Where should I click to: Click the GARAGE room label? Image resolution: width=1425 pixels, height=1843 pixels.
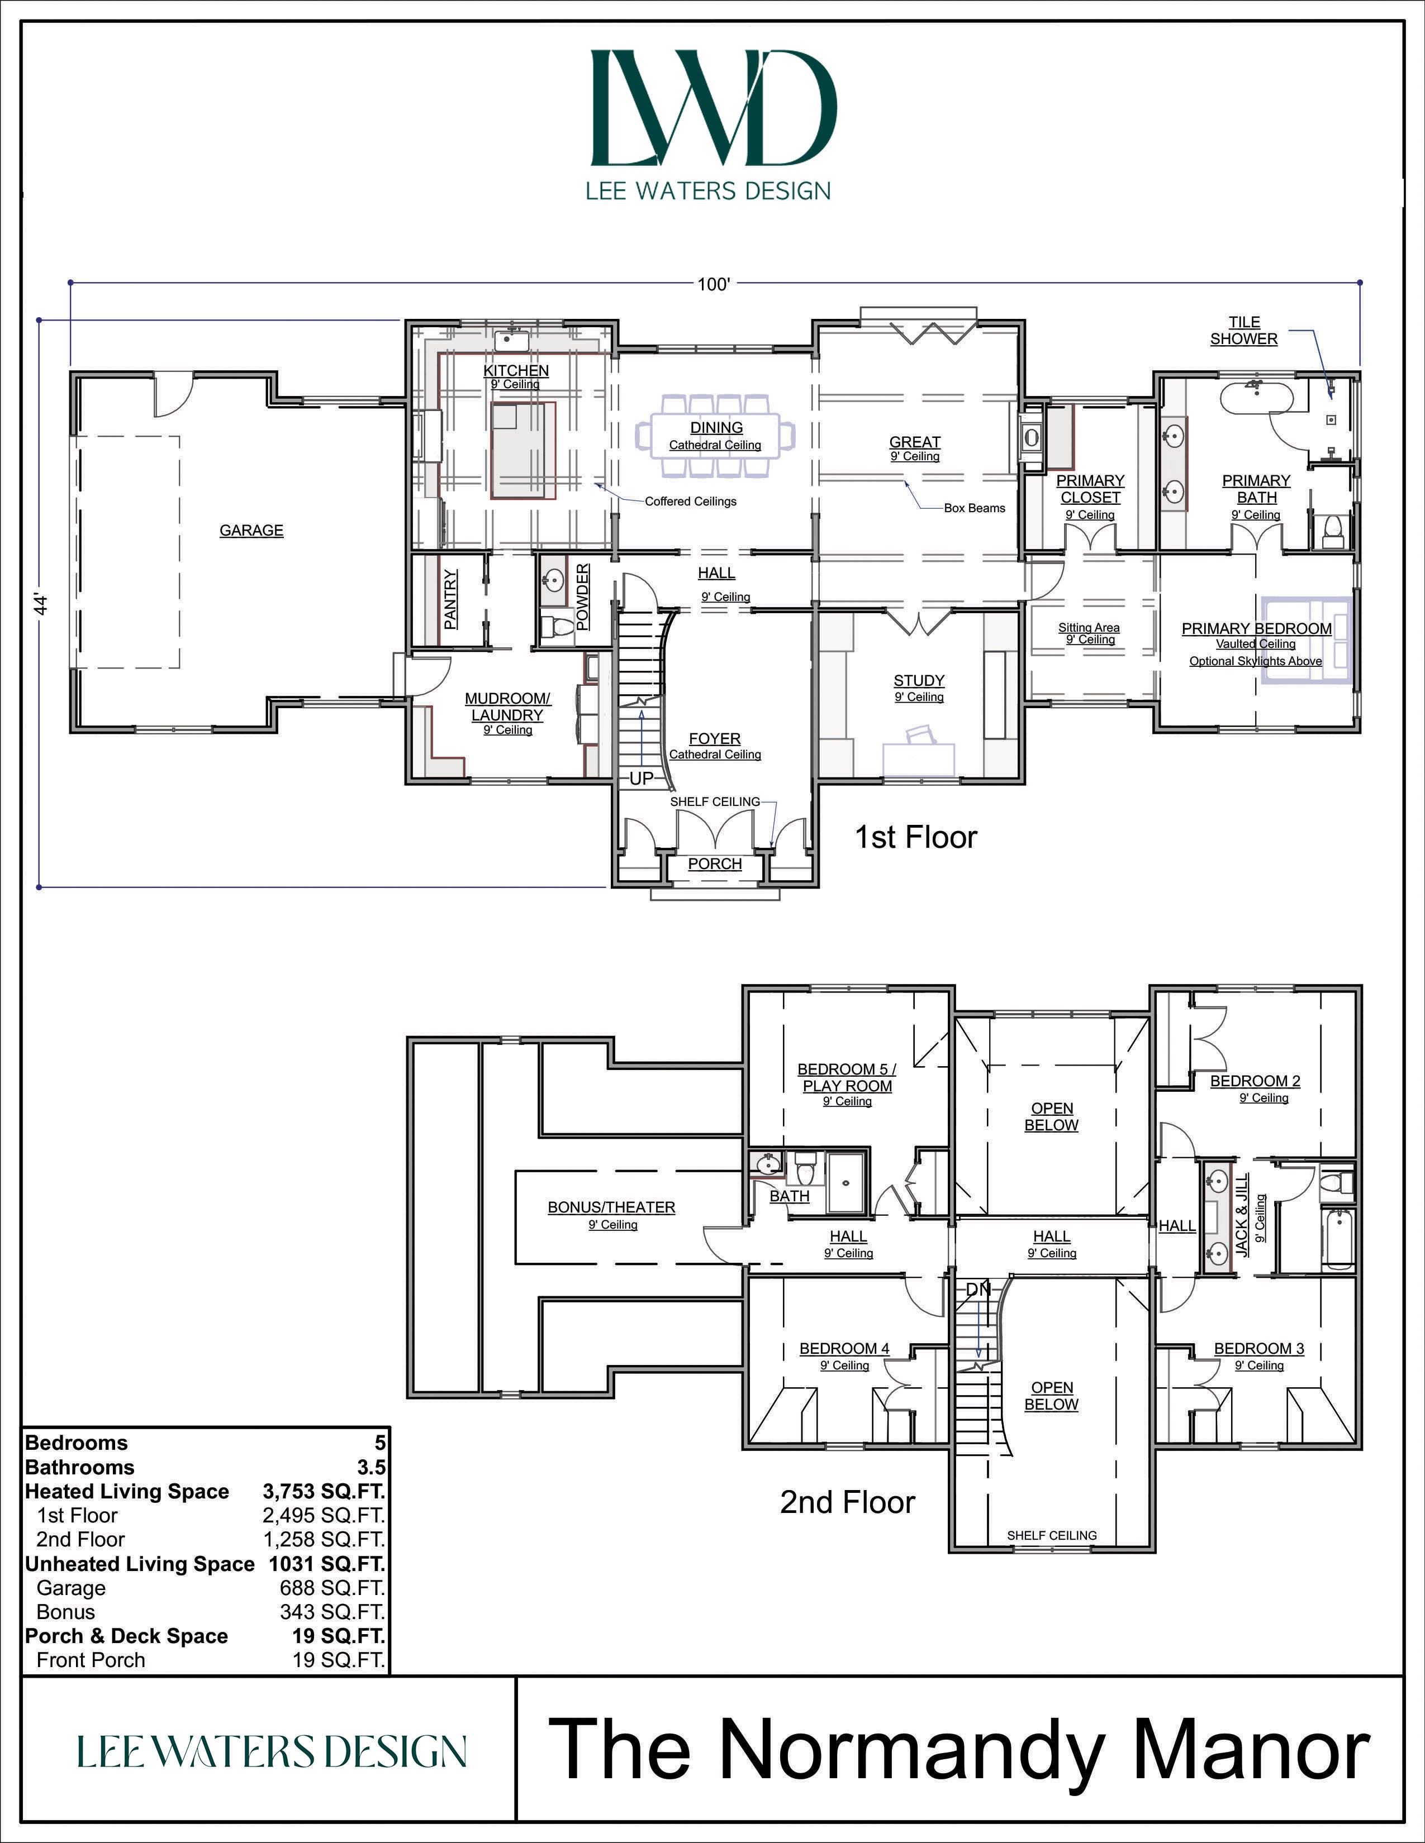coord(251,530)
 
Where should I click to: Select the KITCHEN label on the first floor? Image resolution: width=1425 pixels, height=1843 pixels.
coord(516,370)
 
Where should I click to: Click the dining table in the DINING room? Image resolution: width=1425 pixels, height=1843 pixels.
coord(716,436)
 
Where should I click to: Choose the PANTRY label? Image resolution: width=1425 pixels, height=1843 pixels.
coord(451,599)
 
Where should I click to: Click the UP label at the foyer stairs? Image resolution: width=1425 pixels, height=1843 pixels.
coord(642,778)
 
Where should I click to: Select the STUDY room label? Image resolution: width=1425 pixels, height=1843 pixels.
coord(919,680)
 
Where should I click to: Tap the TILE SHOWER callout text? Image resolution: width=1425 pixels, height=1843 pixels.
coord(1243,330)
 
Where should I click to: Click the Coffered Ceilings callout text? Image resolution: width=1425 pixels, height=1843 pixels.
coord(691,502)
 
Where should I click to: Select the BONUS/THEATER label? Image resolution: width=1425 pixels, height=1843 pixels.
coord(611,1207)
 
